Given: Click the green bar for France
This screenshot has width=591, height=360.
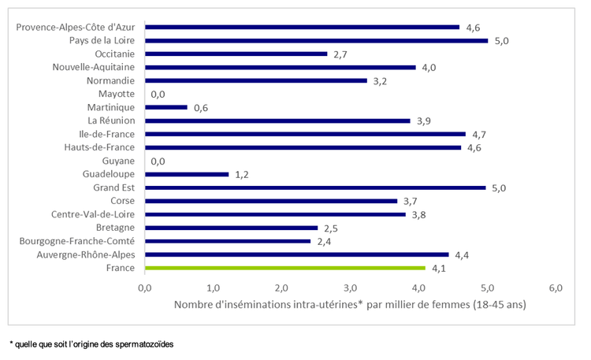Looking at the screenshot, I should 285,268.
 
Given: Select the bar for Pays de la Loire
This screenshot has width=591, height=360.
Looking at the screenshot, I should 317,40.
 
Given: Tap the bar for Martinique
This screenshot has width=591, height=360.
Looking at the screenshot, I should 166,107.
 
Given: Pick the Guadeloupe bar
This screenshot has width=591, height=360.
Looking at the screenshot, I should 187,174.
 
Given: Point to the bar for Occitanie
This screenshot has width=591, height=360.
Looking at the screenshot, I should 236,54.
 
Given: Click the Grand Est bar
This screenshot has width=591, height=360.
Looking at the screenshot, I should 315,187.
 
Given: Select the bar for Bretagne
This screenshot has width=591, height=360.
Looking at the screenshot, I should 231,228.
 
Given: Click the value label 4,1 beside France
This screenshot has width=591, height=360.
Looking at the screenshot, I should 439,269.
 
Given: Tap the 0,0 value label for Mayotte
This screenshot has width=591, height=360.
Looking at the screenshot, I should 157,95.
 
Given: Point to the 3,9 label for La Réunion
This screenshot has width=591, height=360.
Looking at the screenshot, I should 425,121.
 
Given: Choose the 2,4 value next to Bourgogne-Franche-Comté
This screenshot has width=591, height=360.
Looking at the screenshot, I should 325,242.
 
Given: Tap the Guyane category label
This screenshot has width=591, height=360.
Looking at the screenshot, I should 117,161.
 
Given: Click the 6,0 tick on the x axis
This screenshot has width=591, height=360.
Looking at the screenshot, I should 556,288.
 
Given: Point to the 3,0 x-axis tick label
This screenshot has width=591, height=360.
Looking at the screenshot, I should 350,288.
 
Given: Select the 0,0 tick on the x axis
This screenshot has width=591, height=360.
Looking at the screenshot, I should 145,288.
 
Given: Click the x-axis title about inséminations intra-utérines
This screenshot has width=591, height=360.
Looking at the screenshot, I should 349,304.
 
